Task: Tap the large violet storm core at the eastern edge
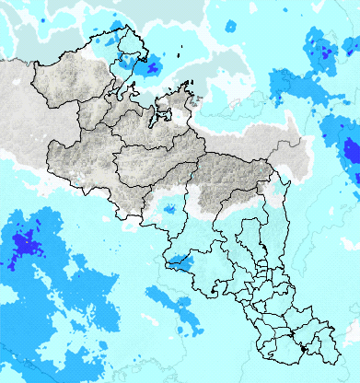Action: coord(351,151)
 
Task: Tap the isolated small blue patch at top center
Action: coord(229,28)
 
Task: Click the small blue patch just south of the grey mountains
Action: coord(169,210)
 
